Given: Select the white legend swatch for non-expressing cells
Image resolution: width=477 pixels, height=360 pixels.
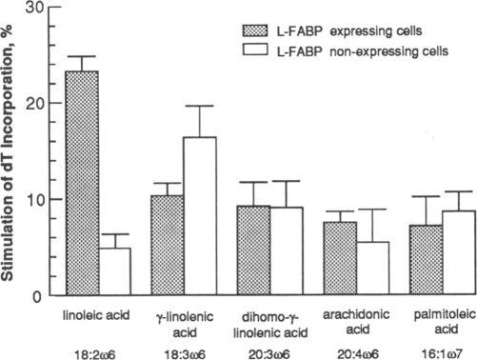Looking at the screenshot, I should click(257, 46).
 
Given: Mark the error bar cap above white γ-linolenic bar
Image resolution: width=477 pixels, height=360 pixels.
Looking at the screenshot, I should click(200, 106).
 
